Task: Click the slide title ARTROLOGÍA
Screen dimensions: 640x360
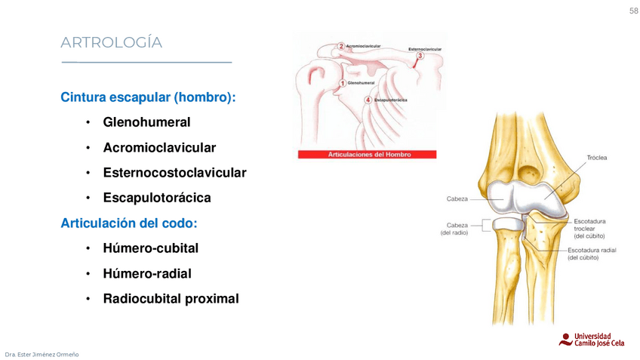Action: pyautogui.click(x=111, y=43)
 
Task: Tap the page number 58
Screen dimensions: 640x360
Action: pyautogui.click(x=633, y=10)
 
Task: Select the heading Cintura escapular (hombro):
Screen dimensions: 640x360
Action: pyautogui.click(x=148, y=97)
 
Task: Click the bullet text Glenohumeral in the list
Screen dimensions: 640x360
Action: pyautogui.click(x=146, y=122)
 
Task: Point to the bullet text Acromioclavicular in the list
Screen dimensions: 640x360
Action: pyautogui.click(x=159, y=147)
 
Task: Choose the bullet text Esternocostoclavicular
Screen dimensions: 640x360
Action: pyautogui.click(x=174, y=173)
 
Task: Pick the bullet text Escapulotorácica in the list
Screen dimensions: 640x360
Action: pyautogui.click(x=157, y=198)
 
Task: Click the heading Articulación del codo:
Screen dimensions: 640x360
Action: pyautogui.click(x=128, y=223)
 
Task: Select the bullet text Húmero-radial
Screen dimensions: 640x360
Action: pyautogui.click(x=147, y=273)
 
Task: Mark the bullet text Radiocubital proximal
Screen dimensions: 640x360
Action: pyautogui.click(x=171, y=299)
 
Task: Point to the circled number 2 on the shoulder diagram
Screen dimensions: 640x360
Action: pyautogui.click(x=342, y=47)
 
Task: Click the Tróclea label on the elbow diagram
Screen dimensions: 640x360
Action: pyautogui.click(x=597, y=158)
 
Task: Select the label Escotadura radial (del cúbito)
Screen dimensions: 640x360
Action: pyautogui.click(x=593, y=254)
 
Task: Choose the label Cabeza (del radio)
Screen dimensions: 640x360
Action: pyautogui.click(x=456, y=229)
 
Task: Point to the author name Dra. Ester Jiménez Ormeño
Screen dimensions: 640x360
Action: pyautogui.click(x=42, y=354)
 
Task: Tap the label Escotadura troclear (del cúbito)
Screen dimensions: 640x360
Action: pyautogui.click(x=589, y=228)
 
